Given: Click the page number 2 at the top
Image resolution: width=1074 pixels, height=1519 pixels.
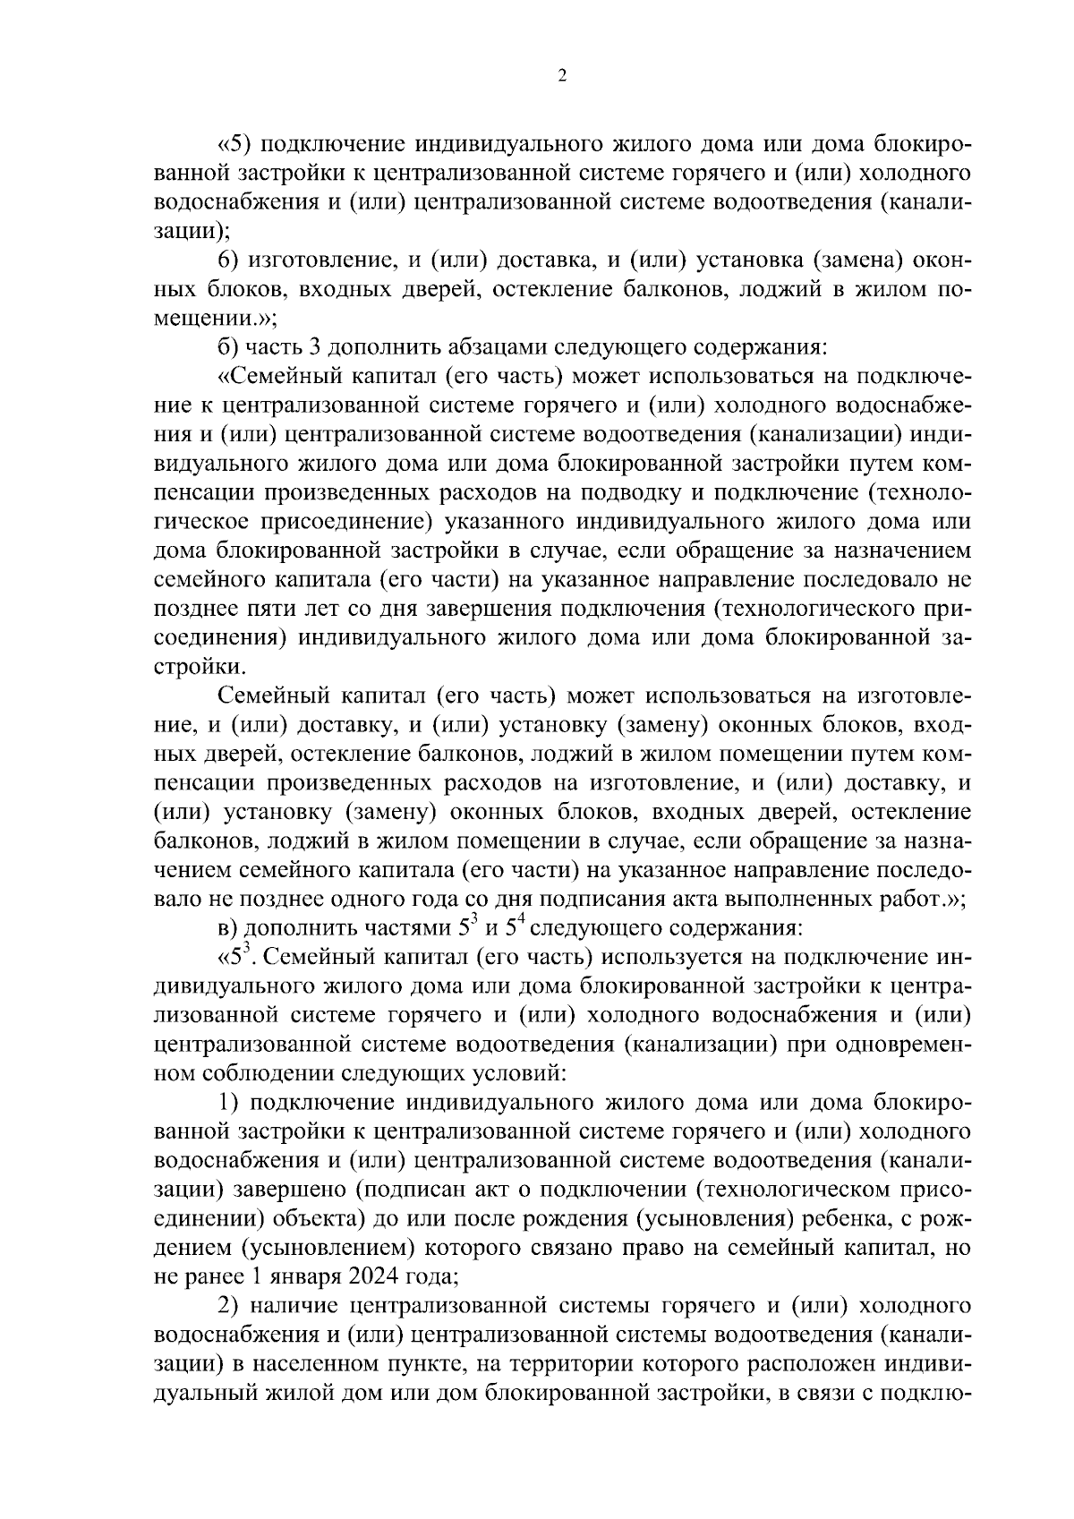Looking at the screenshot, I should point(561,76).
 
